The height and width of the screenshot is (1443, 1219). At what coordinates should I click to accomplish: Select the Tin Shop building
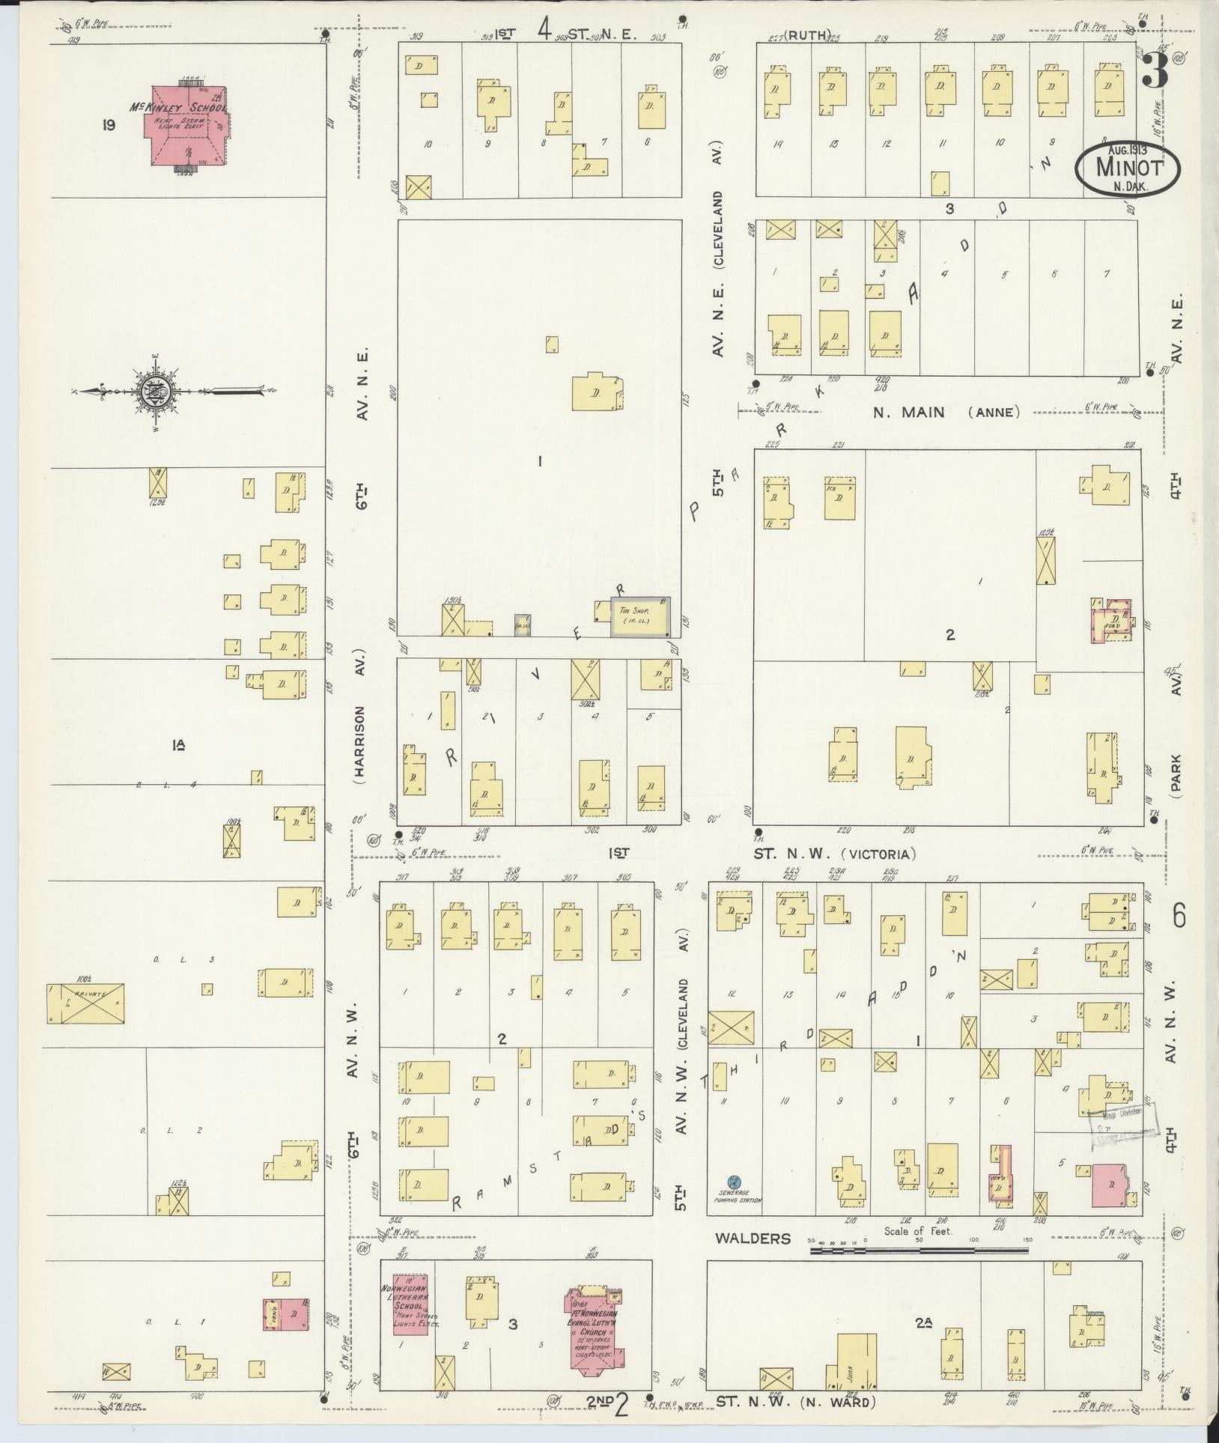coord(640,617)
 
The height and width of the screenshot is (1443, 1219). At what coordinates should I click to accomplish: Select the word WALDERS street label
coord(753,1239)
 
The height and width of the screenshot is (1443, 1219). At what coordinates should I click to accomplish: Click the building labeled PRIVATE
coord(85,1003)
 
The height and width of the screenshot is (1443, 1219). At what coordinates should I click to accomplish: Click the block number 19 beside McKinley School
coord(109,125)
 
